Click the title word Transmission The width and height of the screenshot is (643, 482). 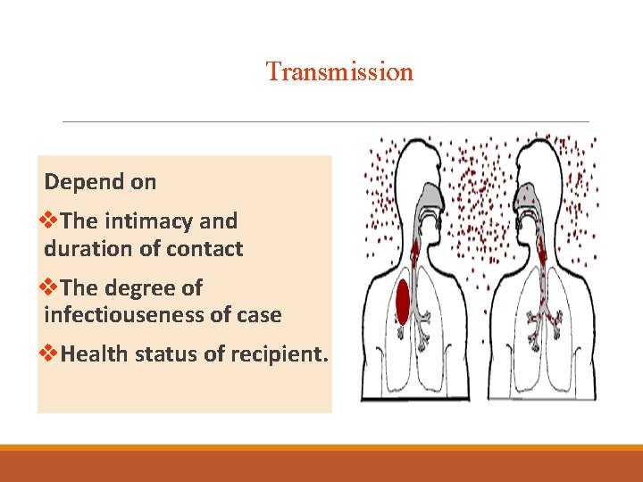[339, 71]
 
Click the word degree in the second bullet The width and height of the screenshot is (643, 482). [147, 287]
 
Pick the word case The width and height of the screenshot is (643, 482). [259, 315]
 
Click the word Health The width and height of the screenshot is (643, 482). [95, 354]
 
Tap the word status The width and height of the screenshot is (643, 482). [166, 354]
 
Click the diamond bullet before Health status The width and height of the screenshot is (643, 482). [52, 354]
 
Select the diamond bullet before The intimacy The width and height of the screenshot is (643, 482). [52, 220]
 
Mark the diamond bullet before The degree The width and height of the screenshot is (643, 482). [52, 287]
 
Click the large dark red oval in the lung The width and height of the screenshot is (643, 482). [403, 303]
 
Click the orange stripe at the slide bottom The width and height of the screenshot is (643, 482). [321, 448]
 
